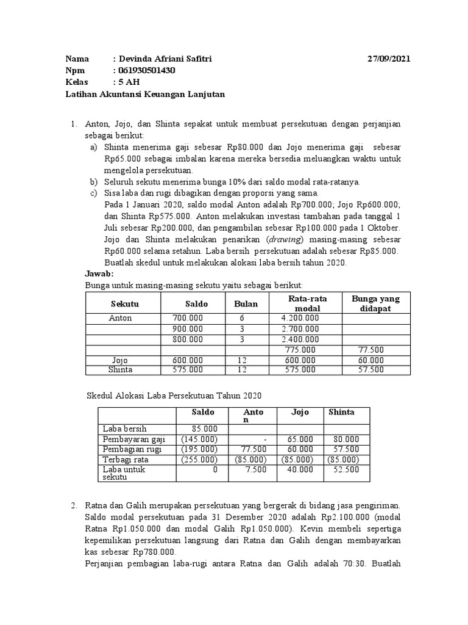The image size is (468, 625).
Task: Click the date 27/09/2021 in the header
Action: point(389,59)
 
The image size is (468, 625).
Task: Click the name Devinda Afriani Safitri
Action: point(165,59)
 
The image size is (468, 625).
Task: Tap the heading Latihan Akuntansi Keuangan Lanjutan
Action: point(145,94)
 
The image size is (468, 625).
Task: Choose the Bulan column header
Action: point(246,303)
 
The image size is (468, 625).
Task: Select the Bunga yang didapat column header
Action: point(375,303)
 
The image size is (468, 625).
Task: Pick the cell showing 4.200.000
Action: point(300,319)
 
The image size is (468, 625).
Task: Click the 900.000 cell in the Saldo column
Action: point(188,329)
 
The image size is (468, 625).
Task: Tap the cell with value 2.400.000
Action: point(300,339)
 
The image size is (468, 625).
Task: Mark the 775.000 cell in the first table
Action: point(300,350)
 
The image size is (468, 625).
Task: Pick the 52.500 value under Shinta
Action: point(346,470)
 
